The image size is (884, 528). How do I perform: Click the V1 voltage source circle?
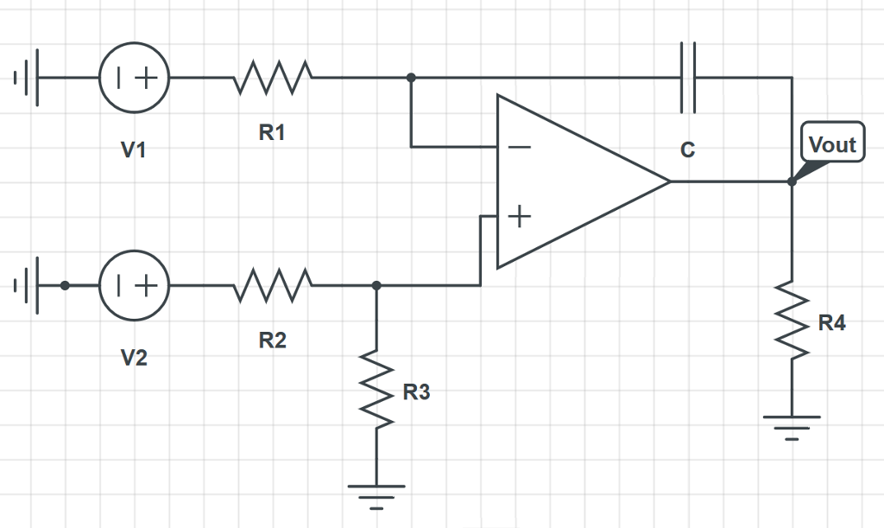134,78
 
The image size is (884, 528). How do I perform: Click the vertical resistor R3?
376,387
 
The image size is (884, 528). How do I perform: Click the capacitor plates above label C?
687,78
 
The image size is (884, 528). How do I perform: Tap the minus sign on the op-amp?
519,147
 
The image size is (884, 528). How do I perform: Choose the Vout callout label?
832,144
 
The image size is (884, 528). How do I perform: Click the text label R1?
272,133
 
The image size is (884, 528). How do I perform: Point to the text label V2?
133,358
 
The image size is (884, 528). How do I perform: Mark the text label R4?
832,324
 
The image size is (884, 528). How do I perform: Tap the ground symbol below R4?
792,426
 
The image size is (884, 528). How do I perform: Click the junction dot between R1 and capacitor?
411,78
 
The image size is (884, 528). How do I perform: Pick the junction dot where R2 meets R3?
376,285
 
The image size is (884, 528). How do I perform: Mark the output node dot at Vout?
792,181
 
